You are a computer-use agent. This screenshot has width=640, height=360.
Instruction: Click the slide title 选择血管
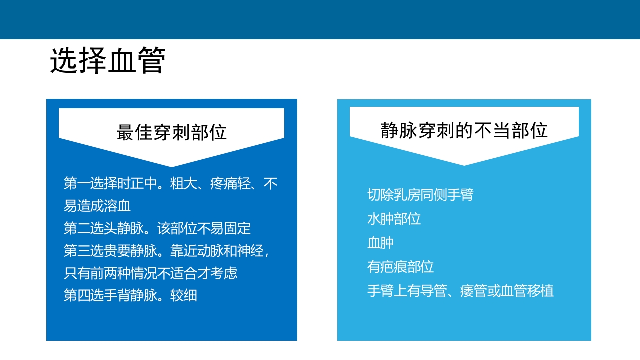click(x=107, y=62)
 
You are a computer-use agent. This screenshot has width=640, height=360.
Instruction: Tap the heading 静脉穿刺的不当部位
click(x=464, y=131)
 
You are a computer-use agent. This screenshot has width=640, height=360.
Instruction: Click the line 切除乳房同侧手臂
click(x=420, y=195)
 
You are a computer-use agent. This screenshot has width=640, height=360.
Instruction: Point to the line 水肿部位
click(x=394, y=219)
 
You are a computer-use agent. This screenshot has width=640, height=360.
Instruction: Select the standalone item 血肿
click(x=380, y=243)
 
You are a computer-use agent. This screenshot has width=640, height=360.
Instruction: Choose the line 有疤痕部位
click(x=400, y=267)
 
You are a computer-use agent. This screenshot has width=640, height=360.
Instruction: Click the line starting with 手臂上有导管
click(x=460, y=291)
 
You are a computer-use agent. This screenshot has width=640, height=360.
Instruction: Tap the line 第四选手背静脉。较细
click(x=130, y=295)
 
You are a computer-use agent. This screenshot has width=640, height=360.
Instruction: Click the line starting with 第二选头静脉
click(x=157, y=229)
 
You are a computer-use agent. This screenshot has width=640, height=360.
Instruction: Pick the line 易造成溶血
click(x=97, y=206)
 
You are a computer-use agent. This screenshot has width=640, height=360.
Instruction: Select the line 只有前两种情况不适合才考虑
click(x=150, y=273)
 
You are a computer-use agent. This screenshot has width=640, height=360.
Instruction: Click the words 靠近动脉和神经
click(x=217, y=251)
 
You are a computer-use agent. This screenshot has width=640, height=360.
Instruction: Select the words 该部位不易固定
click(x=204, y=229)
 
